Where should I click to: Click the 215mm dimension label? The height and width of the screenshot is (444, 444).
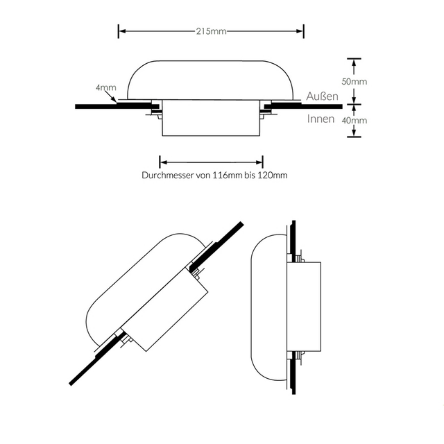pos(211,31)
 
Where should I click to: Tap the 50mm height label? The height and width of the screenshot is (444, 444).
pos(354,81)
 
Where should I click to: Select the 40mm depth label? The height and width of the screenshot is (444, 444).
pos(354,120)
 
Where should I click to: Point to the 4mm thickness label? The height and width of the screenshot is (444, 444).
pos(106,87)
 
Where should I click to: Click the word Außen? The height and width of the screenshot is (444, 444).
pos(322,96)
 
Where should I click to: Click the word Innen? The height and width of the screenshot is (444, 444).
pos(321,119)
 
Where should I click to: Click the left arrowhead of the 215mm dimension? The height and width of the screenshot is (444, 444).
pos(122,31)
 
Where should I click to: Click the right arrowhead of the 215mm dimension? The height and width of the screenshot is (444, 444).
pos(300,31)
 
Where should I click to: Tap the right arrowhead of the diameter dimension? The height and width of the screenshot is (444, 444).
pos(259,162)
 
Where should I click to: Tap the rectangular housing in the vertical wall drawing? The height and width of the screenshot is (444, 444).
pos(305,306)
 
